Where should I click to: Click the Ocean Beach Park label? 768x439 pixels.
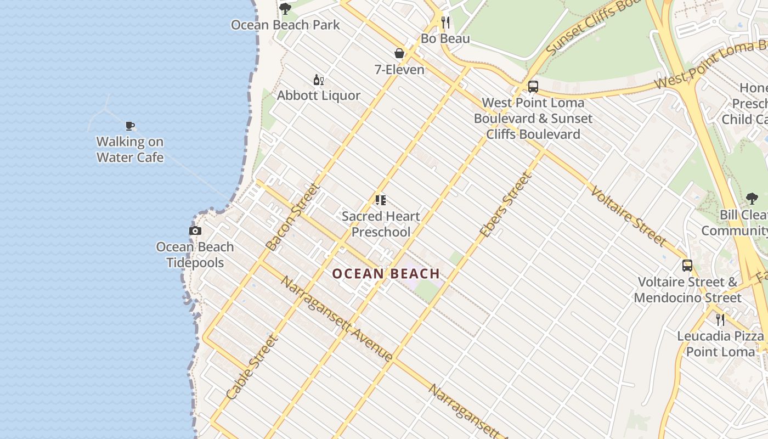pyautogui.click(x=285, y=25)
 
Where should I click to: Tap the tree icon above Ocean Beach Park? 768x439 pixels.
pyautogui.click(x=285, y=9)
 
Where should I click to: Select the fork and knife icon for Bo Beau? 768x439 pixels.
pyautogui.click(x=445, y=22)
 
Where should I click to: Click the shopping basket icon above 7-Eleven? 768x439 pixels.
pyautogui.click(x=399, y=53)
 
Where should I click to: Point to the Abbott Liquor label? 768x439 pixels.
pyautogui.click(x=319, y=95)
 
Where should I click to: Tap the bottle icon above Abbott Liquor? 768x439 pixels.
pyautogui.click(x=318, y=80)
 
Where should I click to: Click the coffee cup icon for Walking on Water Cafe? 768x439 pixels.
pyautogui.click(x=130, y=126)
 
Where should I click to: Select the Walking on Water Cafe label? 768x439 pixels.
pyautogui.click(x=130, y=149)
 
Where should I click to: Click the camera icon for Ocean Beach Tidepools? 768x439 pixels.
pyautogui.click(x=195, y=231)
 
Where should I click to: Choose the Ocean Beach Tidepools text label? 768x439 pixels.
pyautogui.click(x=195, y=255)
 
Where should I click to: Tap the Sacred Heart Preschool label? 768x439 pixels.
pyautogui.click(x=381, y=224)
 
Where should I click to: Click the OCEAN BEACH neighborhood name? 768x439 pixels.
pyautogui.click(x=386, y=273)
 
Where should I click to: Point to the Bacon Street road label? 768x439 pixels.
pyautogui.click(x=292, y=217)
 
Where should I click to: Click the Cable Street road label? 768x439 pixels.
pyautogui.click(x=252, y=367)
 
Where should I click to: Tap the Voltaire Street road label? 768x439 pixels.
pyautogui.click(x=629, y=216)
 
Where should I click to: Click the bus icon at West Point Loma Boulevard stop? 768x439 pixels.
pyautogui.click(x=533, y=87)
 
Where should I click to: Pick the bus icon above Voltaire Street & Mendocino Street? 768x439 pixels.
pyautogui.click(x=687, y=266)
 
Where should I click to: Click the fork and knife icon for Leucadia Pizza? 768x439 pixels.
pyautogui.click(x=720, y=319)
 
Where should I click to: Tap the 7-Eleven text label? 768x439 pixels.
pyautogui.click(x=399, y=70)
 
